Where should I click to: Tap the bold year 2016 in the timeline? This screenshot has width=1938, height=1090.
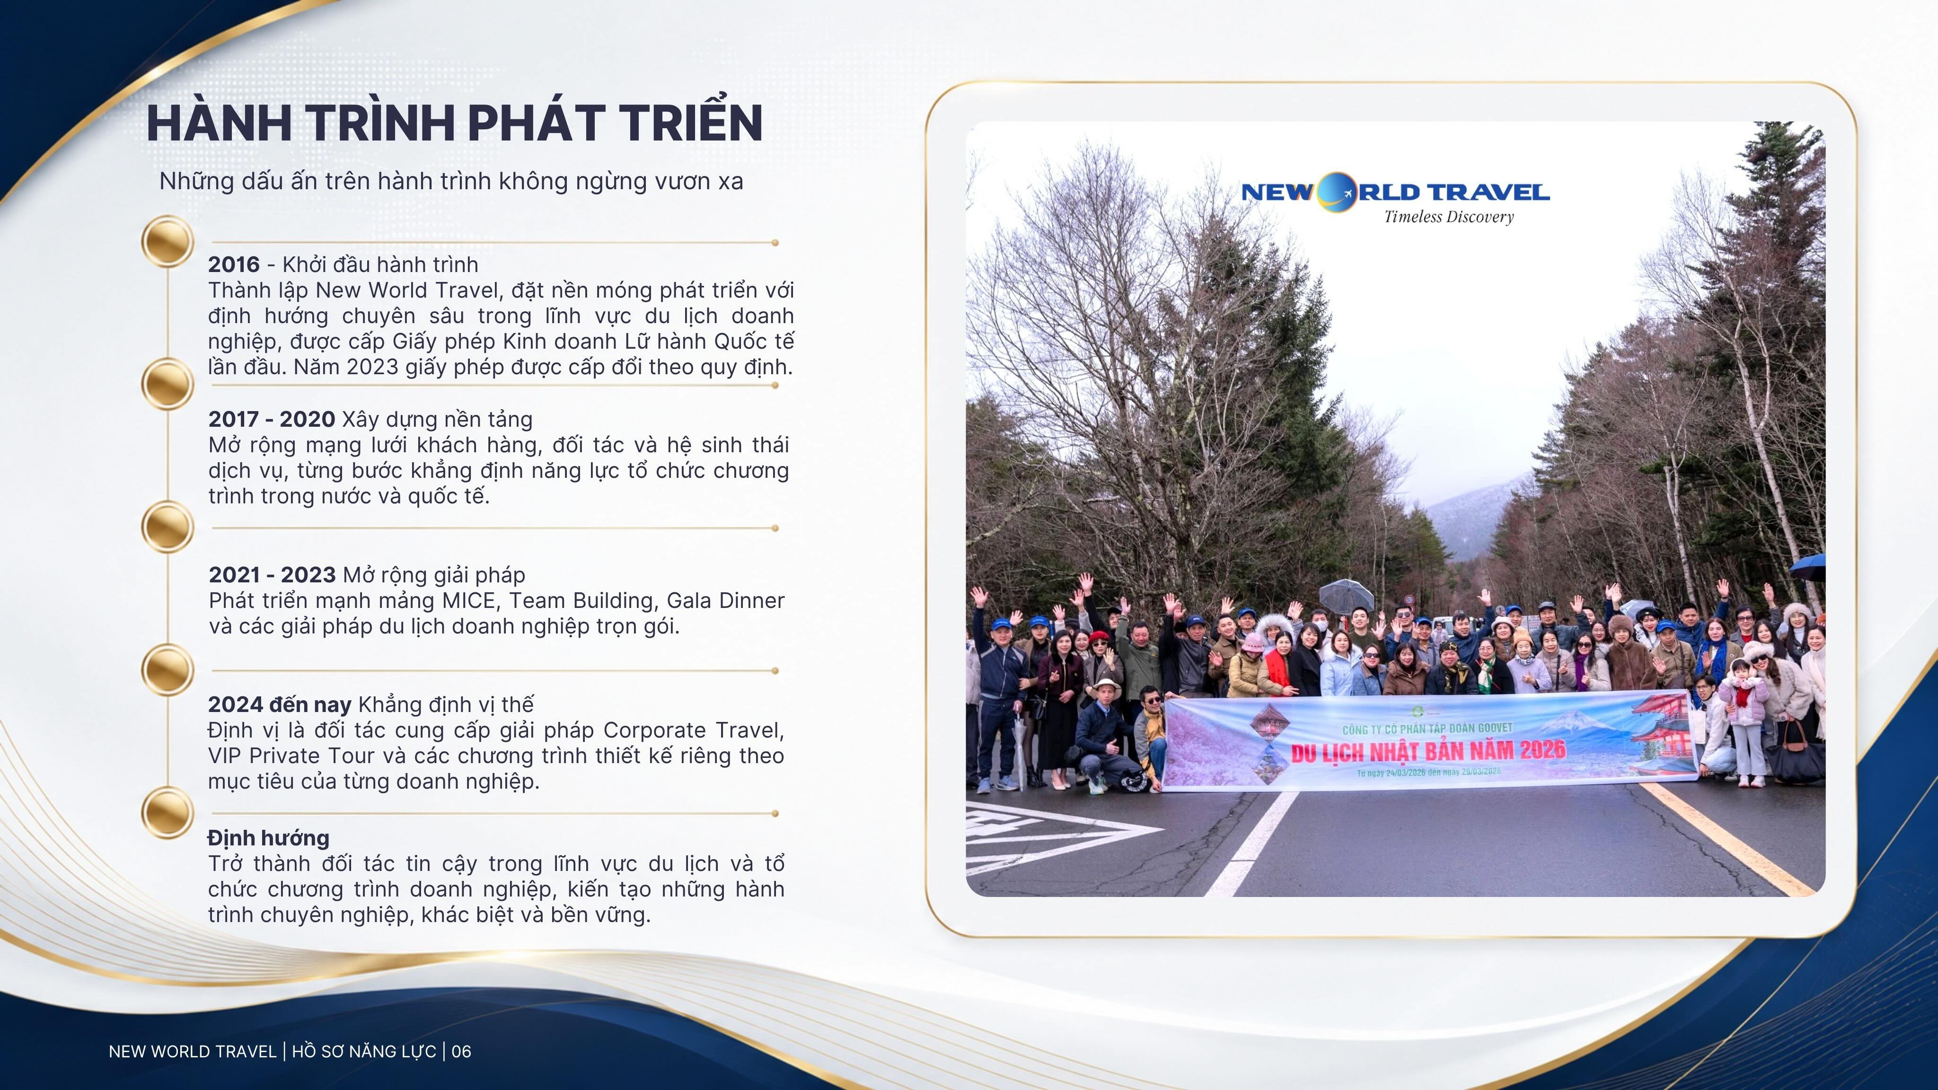click(x=234, y=265)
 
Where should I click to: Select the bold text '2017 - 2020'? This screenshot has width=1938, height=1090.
click(x=272, y=420)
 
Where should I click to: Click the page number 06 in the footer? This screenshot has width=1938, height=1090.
click(x=461, y=1052)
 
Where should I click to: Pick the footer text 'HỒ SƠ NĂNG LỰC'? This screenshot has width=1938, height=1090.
click(x=364, y=1052)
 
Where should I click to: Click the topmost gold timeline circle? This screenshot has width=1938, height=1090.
click(x=168, y=241)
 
